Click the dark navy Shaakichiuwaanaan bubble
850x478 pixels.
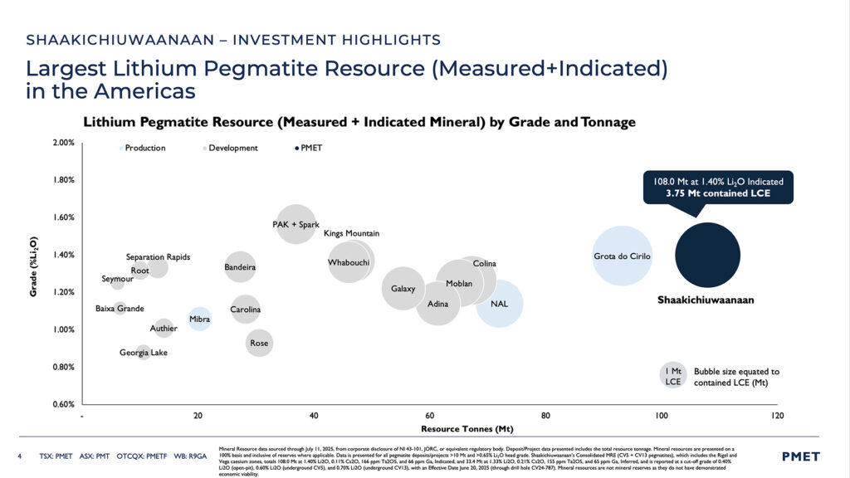point(707,255)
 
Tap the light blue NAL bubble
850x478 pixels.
point(499,304)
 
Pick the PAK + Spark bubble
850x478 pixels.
point(296,224)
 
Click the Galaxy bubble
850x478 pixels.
point(403,289)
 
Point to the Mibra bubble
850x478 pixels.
point(199,319)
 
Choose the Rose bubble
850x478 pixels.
point(259,343)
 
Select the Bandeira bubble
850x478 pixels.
point(240,267)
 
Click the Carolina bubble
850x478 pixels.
point(245,310)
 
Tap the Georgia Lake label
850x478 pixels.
point(143,353)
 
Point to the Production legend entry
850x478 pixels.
point(142,148)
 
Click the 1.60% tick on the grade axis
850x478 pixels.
point(63,217)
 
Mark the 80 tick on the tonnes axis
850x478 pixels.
point(545,415)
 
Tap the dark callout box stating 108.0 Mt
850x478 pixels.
point(718,187)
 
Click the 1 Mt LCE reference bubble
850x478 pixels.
point(673,376)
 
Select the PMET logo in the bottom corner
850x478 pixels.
point(800,456)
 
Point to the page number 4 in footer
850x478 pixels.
point(20,456)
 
